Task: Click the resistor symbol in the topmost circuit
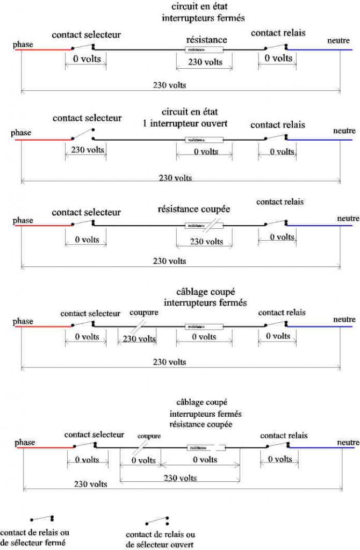pos(204,50)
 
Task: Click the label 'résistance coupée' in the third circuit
pos(193,208)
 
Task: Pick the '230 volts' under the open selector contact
pos(88,149)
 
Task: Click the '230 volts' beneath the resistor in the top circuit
pos(205,62)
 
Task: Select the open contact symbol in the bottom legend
pos(156,520)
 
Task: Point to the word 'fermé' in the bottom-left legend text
pos(55,542)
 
